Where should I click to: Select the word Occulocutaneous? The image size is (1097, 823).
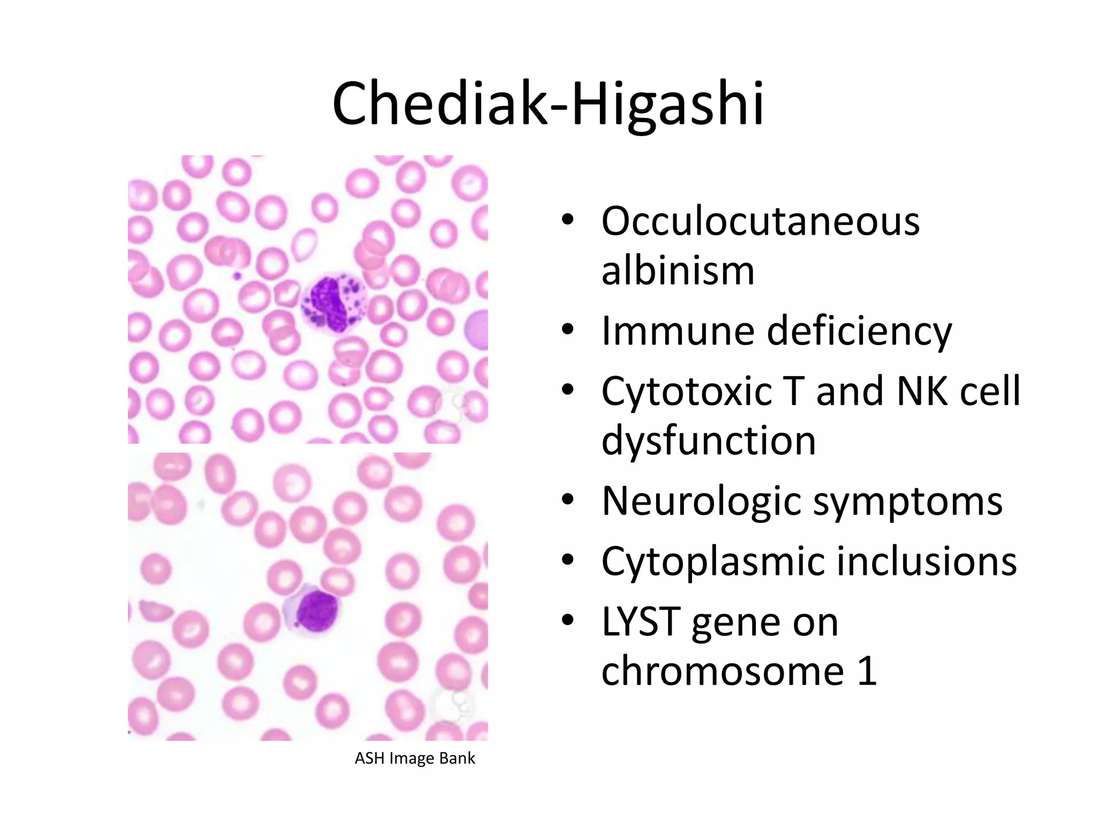click(760, 221)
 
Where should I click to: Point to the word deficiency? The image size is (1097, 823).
click(859, 332)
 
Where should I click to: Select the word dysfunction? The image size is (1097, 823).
click(708, 440)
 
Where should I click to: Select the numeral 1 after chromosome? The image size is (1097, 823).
click(867, 671)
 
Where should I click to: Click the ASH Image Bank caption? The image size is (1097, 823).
click(415, 758)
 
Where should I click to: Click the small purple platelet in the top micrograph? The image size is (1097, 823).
click(236, 276)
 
